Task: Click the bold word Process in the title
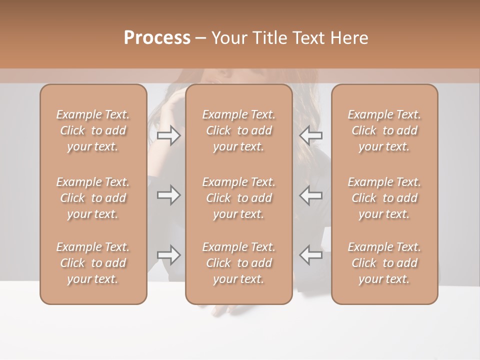tap(157, 38)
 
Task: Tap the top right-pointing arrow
tap(169, 135)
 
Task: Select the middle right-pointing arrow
tap(169, 195)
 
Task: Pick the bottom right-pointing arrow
tap(169, 255)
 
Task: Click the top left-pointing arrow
tap(311, 135)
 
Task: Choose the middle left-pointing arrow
tap(311, 195)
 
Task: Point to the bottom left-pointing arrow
tap(311, 255)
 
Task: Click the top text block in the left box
tap(93, 130)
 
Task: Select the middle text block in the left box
tap(93, 198)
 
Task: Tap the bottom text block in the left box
tap(93, 263)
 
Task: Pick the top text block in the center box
tap(239, 130)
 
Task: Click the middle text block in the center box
tap(239, 198)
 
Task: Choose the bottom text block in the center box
tap(239, 263)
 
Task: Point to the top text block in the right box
tap(384, 130)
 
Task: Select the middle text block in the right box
tap(384, 198)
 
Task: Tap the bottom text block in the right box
tap(384, 263)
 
